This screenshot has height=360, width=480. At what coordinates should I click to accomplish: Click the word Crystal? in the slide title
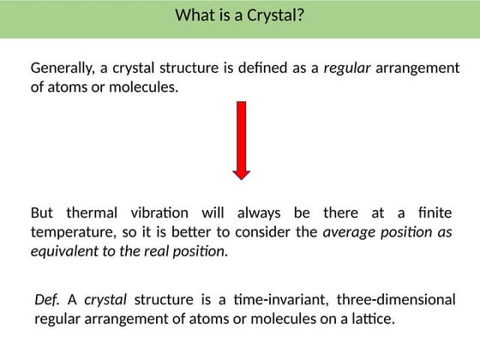274,15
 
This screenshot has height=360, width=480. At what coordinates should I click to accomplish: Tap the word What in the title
195,15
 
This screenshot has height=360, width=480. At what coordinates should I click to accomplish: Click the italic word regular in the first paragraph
347,68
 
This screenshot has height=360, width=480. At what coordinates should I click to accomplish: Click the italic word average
348,232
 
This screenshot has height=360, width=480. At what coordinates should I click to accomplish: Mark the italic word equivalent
65,251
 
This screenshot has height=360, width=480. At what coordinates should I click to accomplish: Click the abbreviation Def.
47,299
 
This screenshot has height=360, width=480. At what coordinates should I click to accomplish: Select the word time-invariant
279,299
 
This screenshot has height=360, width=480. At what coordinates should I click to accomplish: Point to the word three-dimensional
396,299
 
